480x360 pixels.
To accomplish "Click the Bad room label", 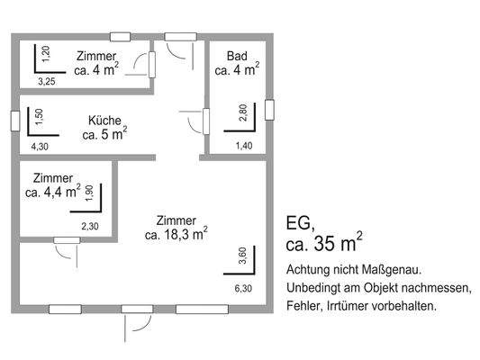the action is [237, 57].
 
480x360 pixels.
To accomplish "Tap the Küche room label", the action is [104, 121].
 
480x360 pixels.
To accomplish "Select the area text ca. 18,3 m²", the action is [177, 234].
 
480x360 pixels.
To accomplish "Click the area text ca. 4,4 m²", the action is [53, 192].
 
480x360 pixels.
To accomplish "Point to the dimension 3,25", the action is [47, 82].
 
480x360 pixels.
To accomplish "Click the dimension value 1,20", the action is [46, 54].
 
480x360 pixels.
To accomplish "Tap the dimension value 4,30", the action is [40, 147].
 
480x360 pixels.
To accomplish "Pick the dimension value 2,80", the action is [243, 112].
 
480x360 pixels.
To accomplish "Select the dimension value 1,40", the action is [244, 146].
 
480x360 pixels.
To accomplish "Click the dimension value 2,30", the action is [90, 226].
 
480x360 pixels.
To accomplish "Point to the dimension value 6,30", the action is [243, 288].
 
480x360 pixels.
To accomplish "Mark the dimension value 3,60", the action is [242, 256].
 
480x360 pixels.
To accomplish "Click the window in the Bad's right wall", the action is [269, 110].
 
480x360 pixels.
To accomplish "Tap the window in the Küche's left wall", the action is [15, 121].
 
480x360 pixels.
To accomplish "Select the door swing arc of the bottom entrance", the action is [145, 325].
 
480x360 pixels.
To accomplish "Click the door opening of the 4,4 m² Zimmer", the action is [67, 240].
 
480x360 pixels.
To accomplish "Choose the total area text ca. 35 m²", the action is [324, 242].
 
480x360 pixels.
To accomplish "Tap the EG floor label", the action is [300, 223].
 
